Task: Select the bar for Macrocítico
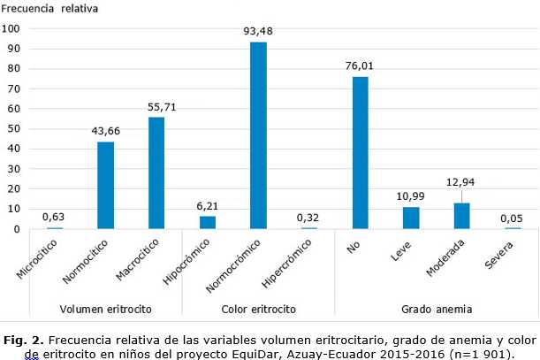156,173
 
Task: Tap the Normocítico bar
105,185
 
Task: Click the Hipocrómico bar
207,223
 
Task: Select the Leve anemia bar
411,218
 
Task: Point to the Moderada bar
461,216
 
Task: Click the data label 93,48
258,32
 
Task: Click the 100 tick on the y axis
11,27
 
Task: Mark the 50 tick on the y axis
14,128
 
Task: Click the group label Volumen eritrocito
105,309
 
